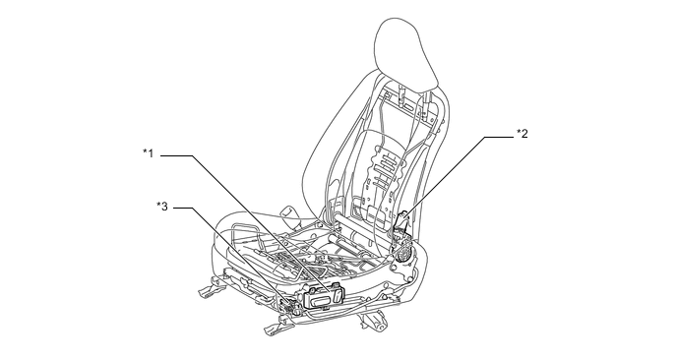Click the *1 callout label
[x=148, y=152]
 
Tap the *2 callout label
[x=522, y=133]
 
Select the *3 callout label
[x=162, y=206]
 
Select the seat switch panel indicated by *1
[x=323, y=297]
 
